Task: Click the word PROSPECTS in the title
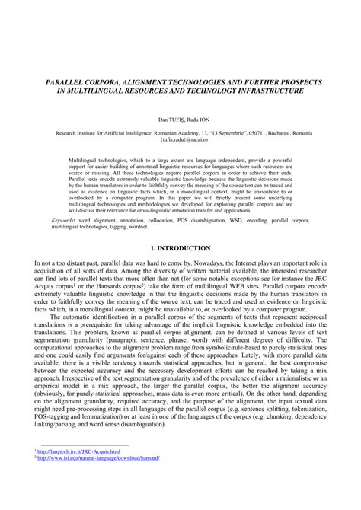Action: click(x=299, y=81)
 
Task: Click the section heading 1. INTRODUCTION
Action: click(x=180, y=248)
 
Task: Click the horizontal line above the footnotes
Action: click(x=85, y=466)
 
